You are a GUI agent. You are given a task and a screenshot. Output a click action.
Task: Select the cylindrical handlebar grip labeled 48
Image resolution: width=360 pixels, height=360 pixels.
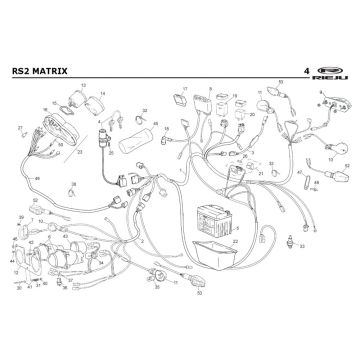(x=137, y=134)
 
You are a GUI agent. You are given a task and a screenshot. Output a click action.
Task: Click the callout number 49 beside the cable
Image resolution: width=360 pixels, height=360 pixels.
(x=37, y=177)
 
